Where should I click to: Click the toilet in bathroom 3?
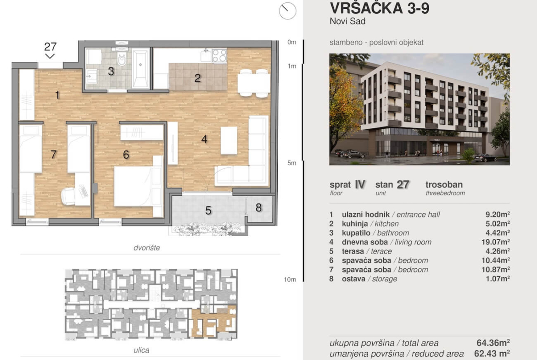(x=122, y=59)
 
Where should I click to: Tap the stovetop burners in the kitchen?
(x=219, y=56)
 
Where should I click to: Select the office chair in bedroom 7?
(x=68, y=196)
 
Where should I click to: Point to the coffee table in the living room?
(x=229, y=140)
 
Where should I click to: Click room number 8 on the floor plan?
(x=258, y=207)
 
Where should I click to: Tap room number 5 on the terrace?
(x=208, y=210)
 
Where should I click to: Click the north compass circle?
(x=288, y=11)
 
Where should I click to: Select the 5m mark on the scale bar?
(x=292, y=163)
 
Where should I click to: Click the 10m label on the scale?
(x=290, y=280)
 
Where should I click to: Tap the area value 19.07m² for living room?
(x=496, y=242)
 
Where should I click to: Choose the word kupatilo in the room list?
(x=356, y=233)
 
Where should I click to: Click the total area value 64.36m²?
(x=493, y=343)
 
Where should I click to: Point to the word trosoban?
(x=444, y=184)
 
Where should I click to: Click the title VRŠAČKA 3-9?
(x=380, y=8)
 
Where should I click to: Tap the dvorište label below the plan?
(x=146, y=248)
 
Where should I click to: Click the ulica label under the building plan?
(x=141, y=350)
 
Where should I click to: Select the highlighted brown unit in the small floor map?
(x=214, y=321)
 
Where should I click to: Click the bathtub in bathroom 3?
(x=140, y=69)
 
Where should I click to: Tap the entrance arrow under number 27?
(x=50, y=56)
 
